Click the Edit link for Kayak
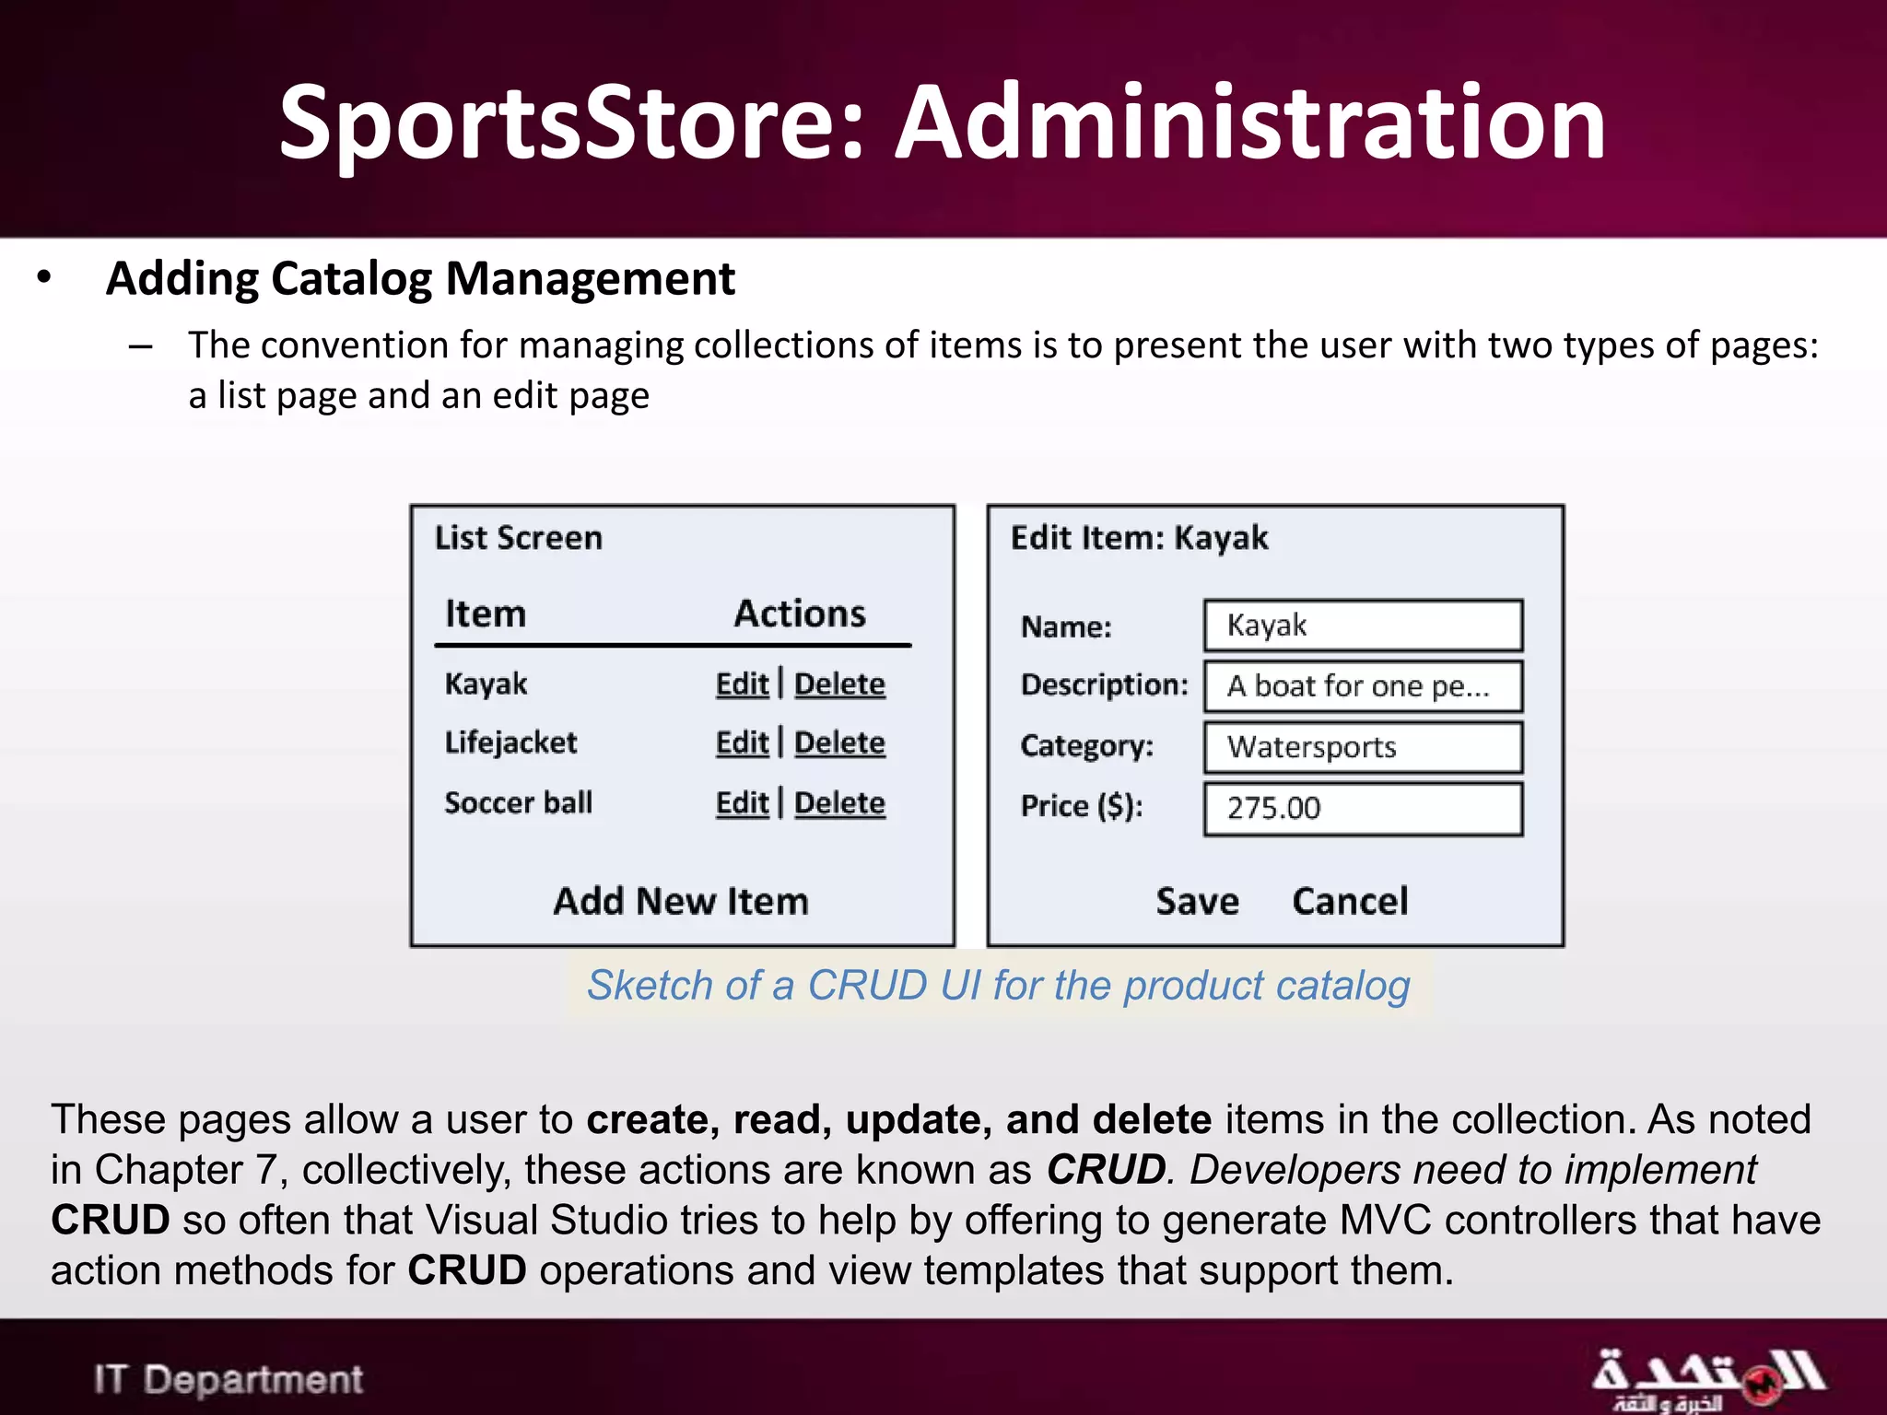pyautogui.click(x=742, y=684)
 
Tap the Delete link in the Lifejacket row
pyautogui.click(x=839, y=743)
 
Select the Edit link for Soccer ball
pyautogui.click(x=742, y=803)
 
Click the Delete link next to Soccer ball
pyautogui.click(x=839, y=803)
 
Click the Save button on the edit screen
pyautogui.click(x=1197, y=901)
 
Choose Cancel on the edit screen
pyautogui.click(x=1350, y=901)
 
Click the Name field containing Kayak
pyautogui.click(x=1363, y=626)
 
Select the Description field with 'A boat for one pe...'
pyautogui.click(x=1363, y=686)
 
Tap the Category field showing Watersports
pyautogui.click(x=1363, y=747)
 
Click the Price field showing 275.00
pyautogui.click(x=1363, y=809)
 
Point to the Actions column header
pyautogui.click(x=800, y=614)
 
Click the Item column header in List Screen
pyautogui.click(x=486, y=614)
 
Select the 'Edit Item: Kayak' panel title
pyautogui.click(x=1139, y=538)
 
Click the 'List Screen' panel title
pyautogui.click(x=519, y=538)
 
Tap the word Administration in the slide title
pyautogui.click(x=1251, y=123)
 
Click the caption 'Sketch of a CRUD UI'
pyautogui.click(x=999, y=986)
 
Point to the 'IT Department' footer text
pyautogui.click(x=229, y=1379)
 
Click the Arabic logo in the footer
pyautogui.click(x=1708, y=1378)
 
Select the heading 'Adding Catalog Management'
pyautogui.click(x=420, y=279)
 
